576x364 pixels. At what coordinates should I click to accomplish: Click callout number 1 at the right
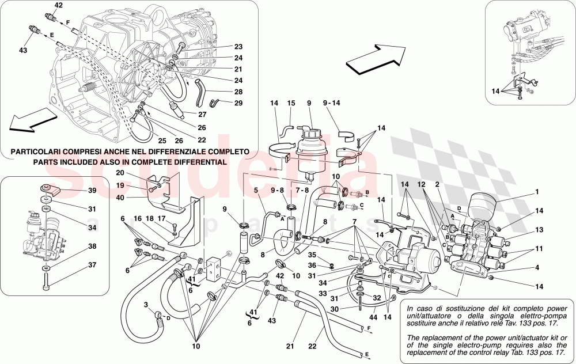tap(537, 192)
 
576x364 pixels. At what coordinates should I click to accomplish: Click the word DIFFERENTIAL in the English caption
tap(194, 163)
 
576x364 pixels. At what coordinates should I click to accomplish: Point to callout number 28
tap(238, 92)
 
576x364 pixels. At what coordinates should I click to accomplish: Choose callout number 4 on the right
tap(537, 267)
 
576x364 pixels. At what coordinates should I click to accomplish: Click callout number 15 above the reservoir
tap(291, 103)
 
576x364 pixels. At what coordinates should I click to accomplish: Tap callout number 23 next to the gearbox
tap(238, 47)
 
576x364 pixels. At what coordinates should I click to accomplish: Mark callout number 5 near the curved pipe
tap(255, 189)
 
